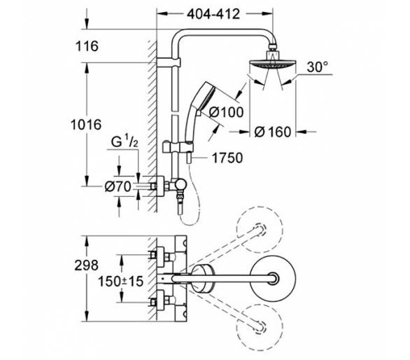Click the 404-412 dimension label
[x=213, y=14]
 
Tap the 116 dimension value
[x=87, y=46]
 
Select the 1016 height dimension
[x=86, y=125]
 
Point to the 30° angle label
[x=318, y=67]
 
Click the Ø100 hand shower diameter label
[x=227, y=112]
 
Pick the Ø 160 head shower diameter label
[x=273, y=132]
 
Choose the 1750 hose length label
[x=227, y=158]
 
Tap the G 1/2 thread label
[x=125, y=141]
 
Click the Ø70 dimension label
[x=118, y=187]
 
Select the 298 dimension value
[x=86, y=265]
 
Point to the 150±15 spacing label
[x=121, y=282]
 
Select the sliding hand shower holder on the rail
[x=178, y=147]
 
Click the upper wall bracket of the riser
[x=169, y=63]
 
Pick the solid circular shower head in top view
[x=273, y=278]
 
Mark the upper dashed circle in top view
[x=260, y=230]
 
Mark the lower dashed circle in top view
[x=260, y=327]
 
